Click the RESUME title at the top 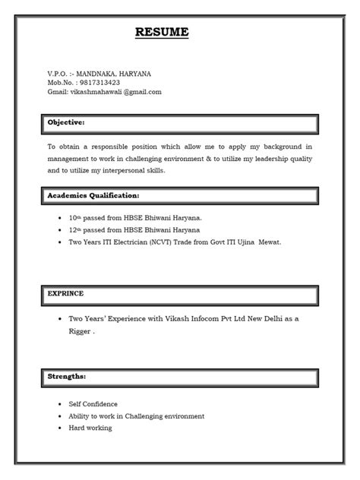point(161,33)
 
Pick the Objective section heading point(66,122)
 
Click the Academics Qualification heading point(93,195)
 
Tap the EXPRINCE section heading point(66,292)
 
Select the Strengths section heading point(67,375)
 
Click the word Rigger point(80,331)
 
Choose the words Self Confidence point(93,404)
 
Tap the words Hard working point(90,428)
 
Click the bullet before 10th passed point(59,217)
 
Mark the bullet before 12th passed point(59,229)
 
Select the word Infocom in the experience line point(191,319)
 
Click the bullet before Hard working point(59,428)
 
